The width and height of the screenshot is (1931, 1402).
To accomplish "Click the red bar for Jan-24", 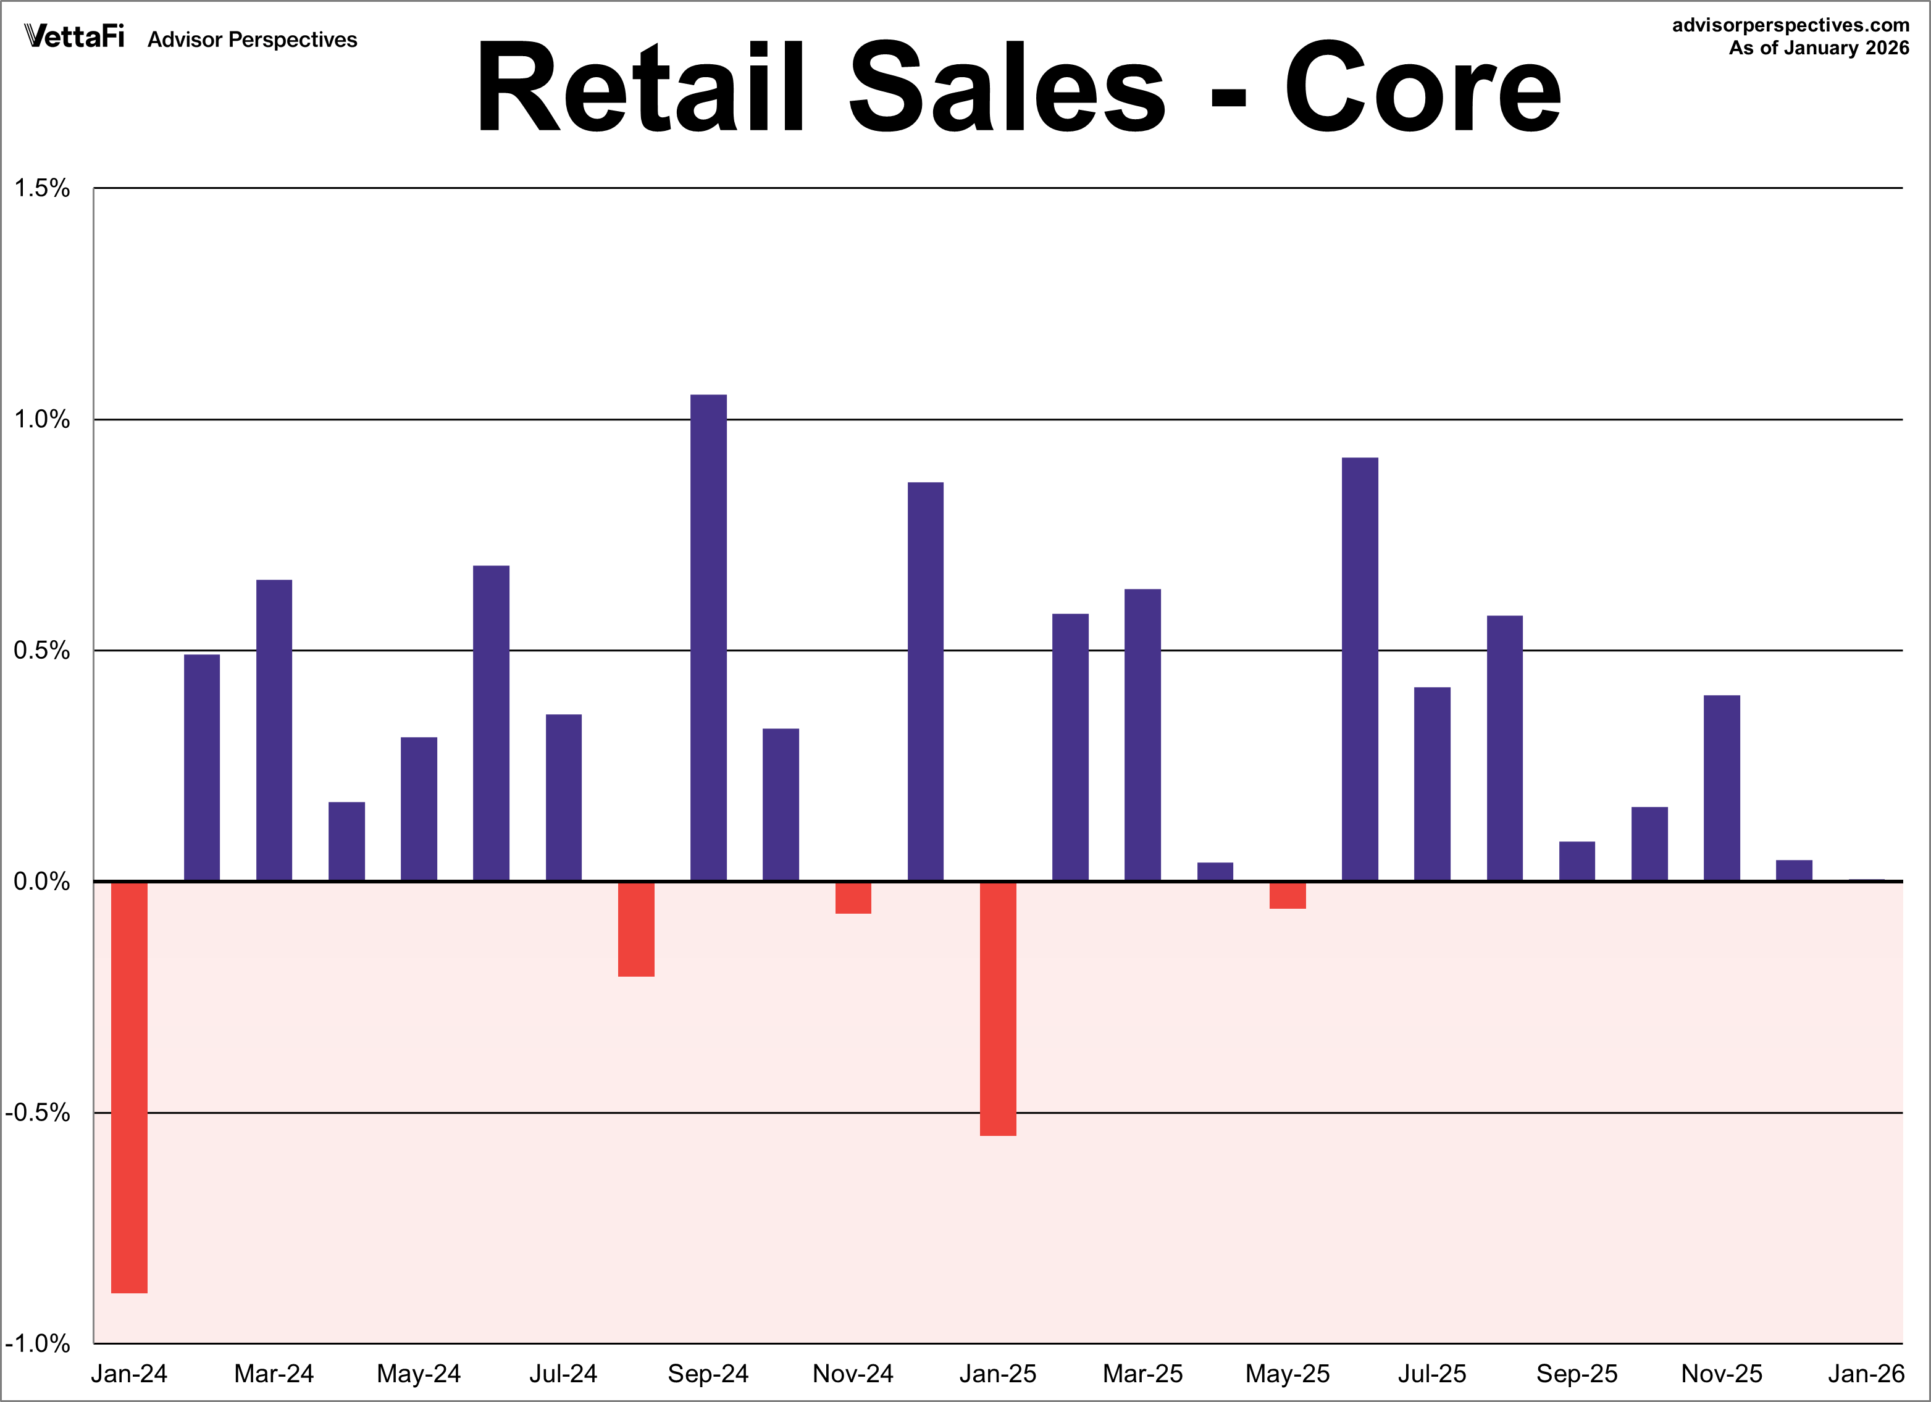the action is [x=130, y=1087].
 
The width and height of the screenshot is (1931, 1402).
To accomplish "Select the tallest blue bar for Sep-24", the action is [x=708, y=638].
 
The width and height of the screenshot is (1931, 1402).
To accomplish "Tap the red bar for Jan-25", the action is [x=998, y=1009].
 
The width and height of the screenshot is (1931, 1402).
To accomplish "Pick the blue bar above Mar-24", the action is [x=274, y=730].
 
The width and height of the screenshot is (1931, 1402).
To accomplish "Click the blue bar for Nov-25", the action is [x=1722, y=788].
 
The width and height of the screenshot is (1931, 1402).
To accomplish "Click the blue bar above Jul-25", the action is [x=1432, y=784].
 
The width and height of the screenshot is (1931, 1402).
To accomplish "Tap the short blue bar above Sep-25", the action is [x=1577, y=861].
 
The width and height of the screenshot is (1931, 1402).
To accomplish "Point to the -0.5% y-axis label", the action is [x=38, y=1112].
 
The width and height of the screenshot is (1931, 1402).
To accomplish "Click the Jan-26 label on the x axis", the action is [x=1866, y=1373].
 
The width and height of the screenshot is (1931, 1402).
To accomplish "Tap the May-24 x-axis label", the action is [x=419, y=1374].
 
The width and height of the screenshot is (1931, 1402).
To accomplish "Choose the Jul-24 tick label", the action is [x=564, y=1373].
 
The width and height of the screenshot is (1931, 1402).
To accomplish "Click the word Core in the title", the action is [x=1423, y=88].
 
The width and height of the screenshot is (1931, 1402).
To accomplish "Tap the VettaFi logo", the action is [x=75, y=36].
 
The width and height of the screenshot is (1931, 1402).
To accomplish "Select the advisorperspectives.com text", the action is [x=1791, y=25].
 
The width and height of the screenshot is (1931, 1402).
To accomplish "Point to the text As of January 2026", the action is [x=1819, y=48].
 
